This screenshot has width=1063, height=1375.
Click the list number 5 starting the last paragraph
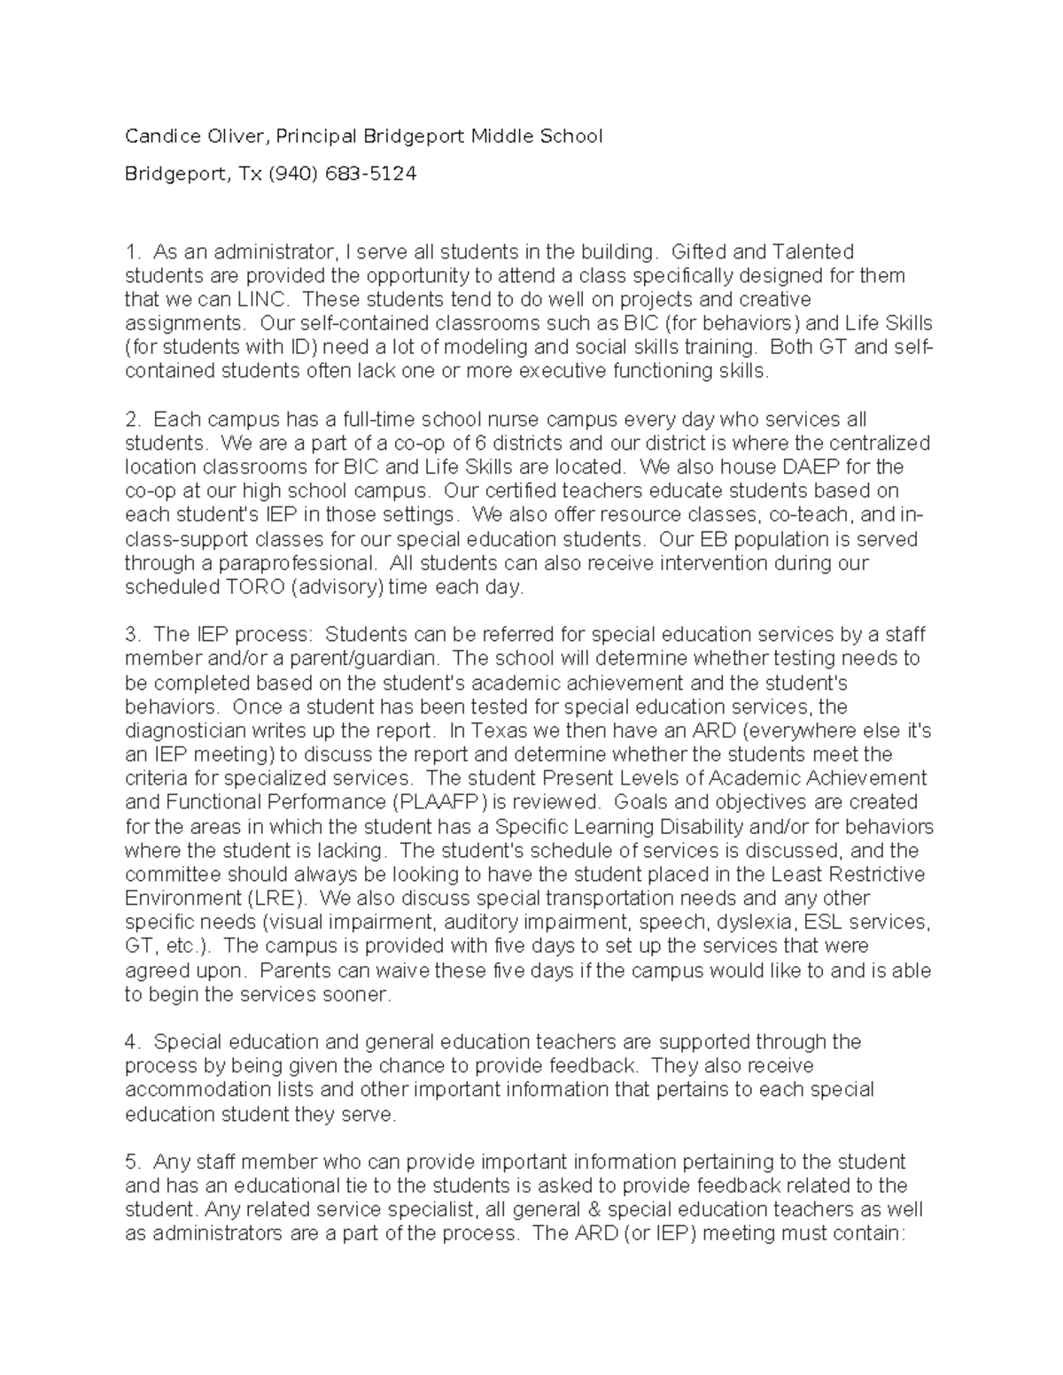point(130,1162)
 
